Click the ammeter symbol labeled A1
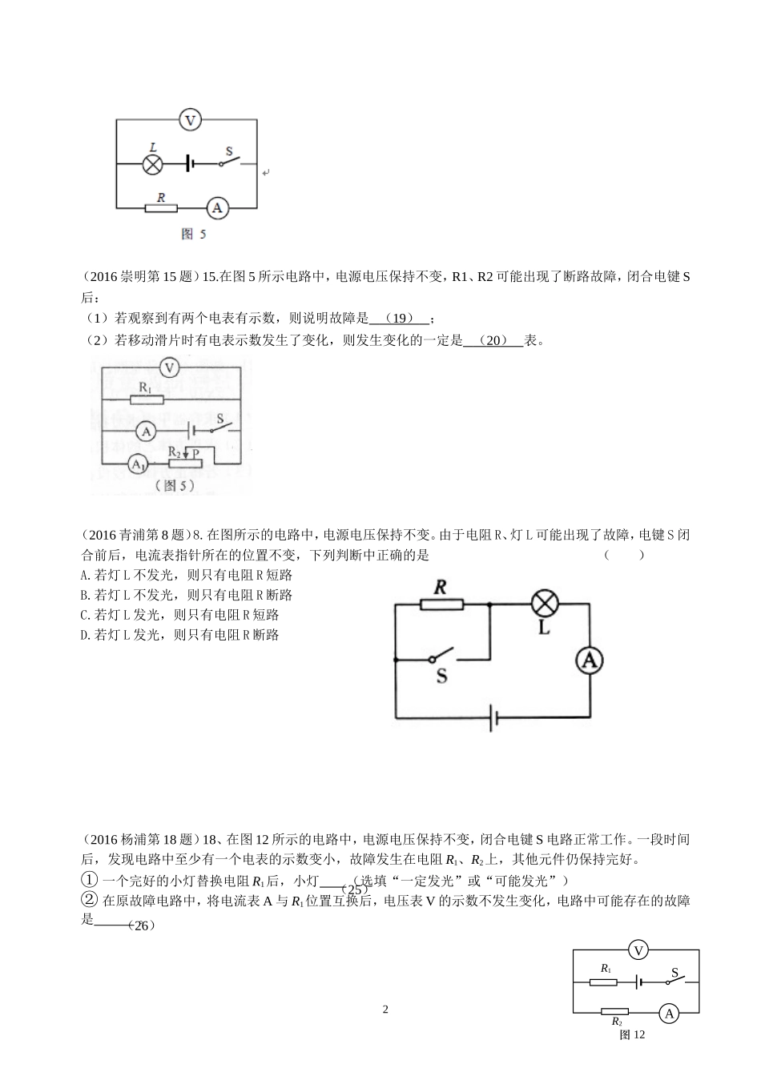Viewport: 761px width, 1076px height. coord(137,464)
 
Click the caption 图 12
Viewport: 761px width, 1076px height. coord(632,1034)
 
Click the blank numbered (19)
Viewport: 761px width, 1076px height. coord(401,318)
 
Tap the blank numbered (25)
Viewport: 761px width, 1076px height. coord(353,889)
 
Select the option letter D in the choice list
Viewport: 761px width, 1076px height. coord(85,635)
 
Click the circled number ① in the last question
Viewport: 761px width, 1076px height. coord(90,880)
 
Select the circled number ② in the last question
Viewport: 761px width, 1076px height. coord(90,900)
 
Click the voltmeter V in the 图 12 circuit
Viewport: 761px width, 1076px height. coord(638,950)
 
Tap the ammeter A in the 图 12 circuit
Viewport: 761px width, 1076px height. coord(669,1014)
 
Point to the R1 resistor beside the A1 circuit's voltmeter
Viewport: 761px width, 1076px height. coord(146,399)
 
